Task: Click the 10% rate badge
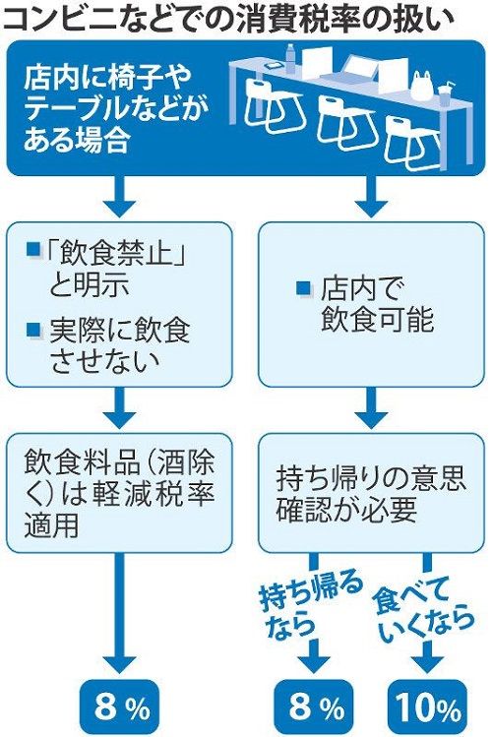[x=428, y=707]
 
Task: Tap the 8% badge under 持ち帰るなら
[x=314, y=707]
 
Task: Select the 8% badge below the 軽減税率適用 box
[x=120, y=707]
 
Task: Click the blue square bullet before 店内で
[x=304, y=287]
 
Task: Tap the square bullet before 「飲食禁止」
[x=33, y=250]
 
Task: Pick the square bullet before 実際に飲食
[x=33, y=329]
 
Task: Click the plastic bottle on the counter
[x=290, y=58]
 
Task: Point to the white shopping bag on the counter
[x=421, y=86]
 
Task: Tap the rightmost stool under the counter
[x=412, y=143]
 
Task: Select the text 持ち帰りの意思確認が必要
[x=370, y=493]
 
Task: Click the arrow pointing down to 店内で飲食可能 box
[x=371, y=197]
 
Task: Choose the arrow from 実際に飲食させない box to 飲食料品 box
[x=119, y=407]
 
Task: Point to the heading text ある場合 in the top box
[x=76, y=140]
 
